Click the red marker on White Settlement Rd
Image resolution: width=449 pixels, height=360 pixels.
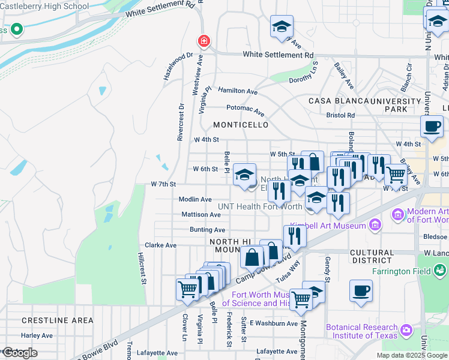tap(204, 41)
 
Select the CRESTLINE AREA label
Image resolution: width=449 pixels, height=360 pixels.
tap(58, 320)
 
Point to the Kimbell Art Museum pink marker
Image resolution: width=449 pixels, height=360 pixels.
tap(375, 226)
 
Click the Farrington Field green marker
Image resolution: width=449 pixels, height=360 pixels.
tap(440, 271)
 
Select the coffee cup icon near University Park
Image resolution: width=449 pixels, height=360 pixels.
tap(432, 126)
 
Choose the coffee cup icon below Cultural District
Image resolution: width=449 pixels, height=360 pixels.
tap(361, 290)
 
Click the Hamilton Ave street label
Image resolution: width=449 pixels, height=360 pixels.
tap(237, 91)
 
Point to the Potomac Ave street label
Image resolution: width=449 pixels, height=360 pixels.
tap(245, 110)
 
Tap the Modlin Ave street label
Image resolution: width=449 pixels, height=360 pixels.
tap(195, 199)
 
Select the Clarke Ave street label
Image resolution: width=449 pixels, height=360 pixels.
tap(161, 245)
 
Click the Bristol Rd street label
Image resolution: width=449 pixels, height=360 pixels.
tap(340, 115)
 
